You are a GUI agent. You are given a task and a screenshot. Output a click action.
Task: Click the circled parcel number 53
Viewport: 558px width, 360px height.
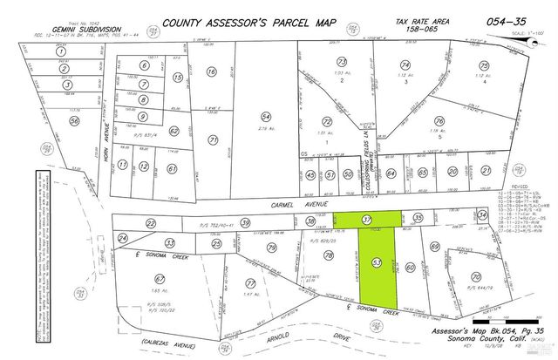[377, 262]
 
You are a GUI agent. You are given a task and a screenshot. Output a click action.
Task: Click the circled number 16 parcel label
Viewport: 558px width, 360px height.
[210, 73]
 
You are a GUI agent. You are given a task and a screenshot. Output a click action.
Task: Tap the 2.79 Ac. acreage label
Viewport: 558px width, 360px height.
[268, 128]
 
